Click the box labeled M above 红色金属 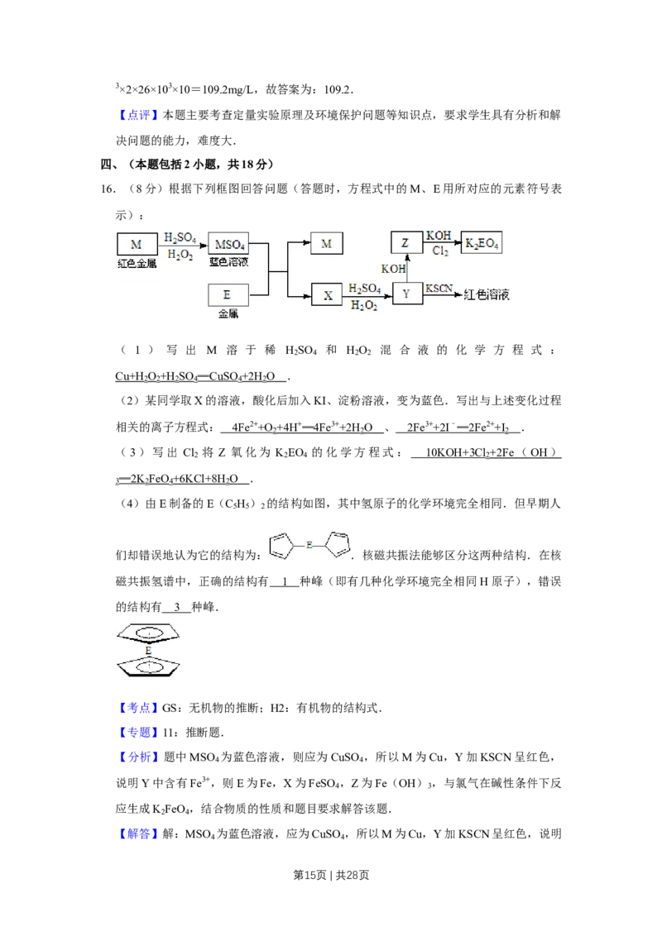tap(137, 244)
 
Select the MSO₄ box tap(229, 245)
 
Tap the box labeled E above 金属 tap(228, 294)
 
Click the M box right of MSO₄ tap(326, 244)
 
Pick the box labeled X tap(327, 294)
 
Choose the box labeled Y tap(406, 294)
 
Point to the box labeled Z tap(405, 244)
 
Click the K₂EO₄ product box tap(482, 243)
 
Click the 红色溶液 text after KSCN tap(487, 294)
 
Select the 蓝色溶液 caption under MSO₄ tap(228, 262)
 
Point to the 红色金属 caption tap(137, 263)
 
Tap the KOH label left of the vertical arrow tap(393, 269)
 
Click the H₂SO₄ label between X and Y tap(365, 288)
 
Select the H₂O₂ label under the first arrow tap(180, 255)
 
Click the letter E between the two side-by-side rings tap(309, 545)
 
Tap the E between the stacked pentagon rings tap(148, 652)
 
